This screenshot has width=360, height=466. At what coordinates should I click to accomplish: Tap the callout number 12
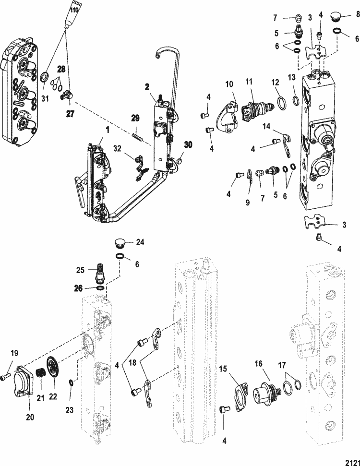[x=274, y=82]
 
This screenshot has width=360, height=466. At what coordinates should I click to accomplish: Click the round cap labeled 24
[x=120, y=242]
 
